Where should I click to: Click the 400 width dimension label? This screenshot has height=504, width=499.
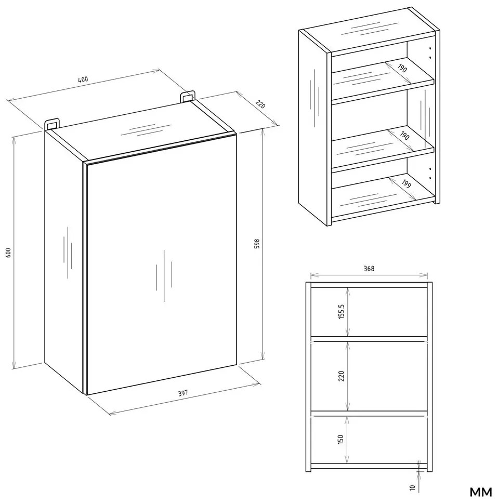pyautogui.click(x=83, y=79)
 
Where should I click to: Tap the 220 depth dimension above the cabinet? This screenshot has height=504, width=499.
pyautogui.click(x=260, y=104)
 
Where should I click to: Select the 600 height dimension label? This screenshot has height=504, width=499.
pyautogui.click(x=8, y=253)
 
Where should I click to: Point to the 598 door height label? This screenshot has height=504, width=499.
pyautogui.click(x=257, y=244)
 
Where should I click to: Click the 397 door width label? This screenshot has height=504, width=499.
pyautogui.click(x=183, y=393)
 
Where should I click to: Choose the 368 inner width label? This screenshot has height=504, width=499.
pyautogui.click(x=369, y=269)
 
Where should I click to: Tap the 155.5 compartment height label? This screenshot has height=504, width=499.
pyautogui.click(x=341, y=311)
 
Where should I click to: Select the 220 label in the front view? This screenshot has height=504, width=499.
pyautogui.click(x=341, y=376)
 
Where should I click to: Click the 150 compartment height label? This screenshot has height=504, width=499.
pyautogui.click(x=341, y=440)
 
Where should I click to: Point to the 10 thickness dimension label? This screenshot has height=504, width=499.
pyautogui.click(x=413, y=487)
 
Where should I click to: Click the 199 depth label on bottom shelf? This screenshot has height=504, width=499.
pyautogui.click(x=406, y=184)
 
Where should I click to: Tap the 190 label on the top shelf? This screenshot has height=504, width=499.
pyautogui.click(x=402, y=68)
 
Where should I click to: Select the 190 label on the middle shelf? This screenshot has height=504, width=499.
pyautogui.click(x=404, y=136)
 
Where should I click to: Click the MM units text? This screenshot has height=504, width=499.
pyautogui.click(x=481, y=492)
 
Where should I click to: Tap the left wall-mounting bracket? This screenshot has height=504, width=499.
pyautogui.click(x=52, y=124)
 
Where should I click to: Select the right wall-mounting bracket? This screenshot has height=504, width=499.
pyautogui.click(x=188, y=96)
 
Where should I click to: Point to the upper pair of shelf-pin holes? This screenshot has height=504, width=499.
pyautogui.click(x=430, y=53)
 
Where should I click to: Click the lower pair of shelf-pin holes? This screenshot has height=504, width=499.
pyautogui.click(x=430, y=173)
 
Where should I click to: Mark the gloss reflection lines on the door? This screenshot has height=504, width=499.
pyautogui.click(x=164, y=275)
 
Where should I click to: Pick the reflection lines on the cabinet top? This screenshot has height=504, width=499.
pyautogui.click(x=146, y=129)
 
